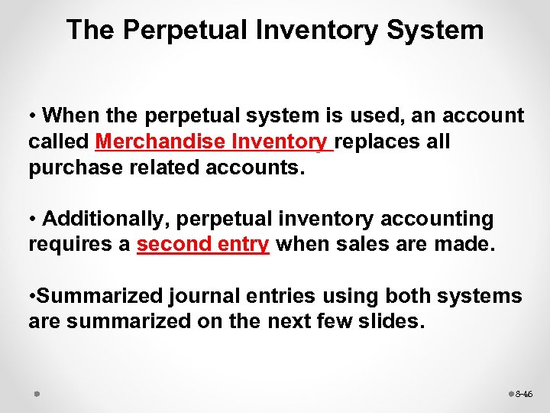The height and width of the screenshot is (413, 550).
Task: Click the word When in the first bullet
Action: tap(68, 115)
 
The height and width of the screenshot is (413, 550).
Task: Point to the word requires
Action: tap(63, 245)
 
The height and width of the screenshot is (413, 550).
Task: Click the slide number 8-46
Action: tap(524, 395)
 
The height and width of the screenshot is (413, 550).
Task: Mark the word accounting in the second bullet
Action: tap(434, 219)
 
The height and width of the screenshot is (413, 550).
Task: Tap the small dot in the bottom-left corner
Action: tap(36, 394)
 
